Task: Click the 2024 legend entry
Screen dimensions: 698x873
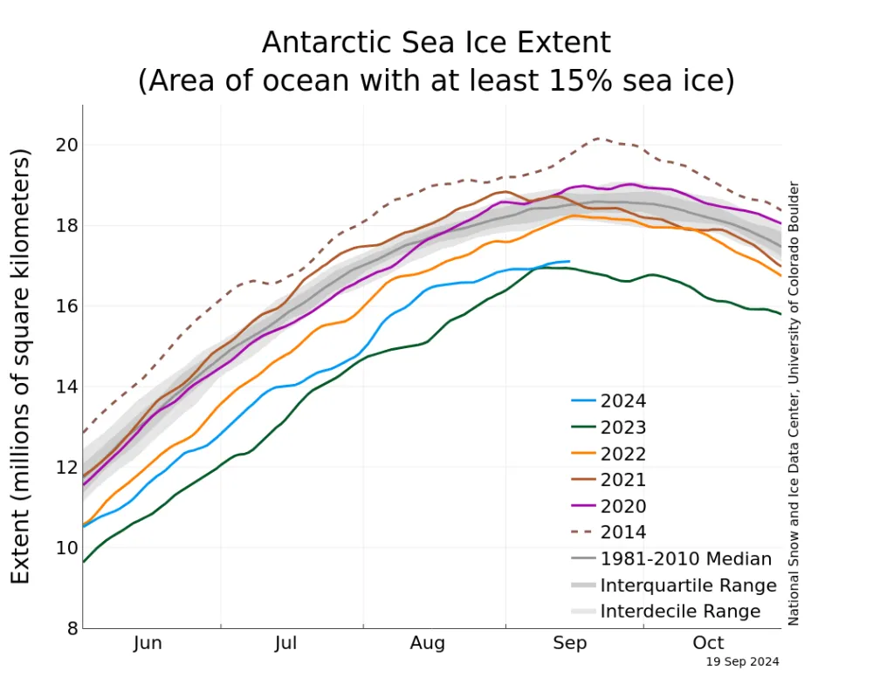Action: coord(623,401)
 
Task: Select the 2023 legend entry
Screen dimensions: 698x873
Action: coord(623,428)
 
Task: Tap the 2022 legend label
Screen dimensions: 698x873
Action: coord(623,454)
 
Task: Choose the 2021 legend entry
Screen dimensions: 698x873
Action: coord(623,480)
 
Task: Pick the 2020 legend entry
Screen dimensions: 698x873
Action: coord(623,506)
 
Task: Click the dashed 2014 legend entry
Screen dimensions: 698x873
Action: coord(623,532)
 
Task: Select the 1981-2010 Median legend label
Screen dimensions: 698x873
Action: coord(686,558)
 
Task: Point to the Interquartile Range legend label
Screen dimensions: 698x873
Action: coord(688,585)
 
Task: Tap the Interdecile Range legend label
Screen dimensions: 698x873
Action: coord(680,611)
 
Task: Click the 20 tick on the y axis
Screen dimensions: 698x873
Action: coord(61,145)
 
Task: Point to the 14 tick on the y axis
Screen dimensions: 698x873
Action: coord(61,387)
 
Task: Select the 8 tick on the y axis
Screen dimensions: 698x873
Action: coord(66,628)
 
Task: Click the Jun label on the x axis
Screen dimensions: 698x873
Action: coord(148,644)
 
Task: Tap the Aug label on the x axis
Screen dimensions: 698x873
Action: coord(428,644)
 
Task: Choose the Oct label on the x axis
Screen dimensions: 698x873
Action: coord(708,644)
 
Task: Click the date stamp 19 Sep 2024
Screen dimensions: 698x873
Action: coord(742,662)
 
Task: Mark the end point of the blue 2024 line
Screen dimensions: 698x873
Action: coord(569,261)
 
